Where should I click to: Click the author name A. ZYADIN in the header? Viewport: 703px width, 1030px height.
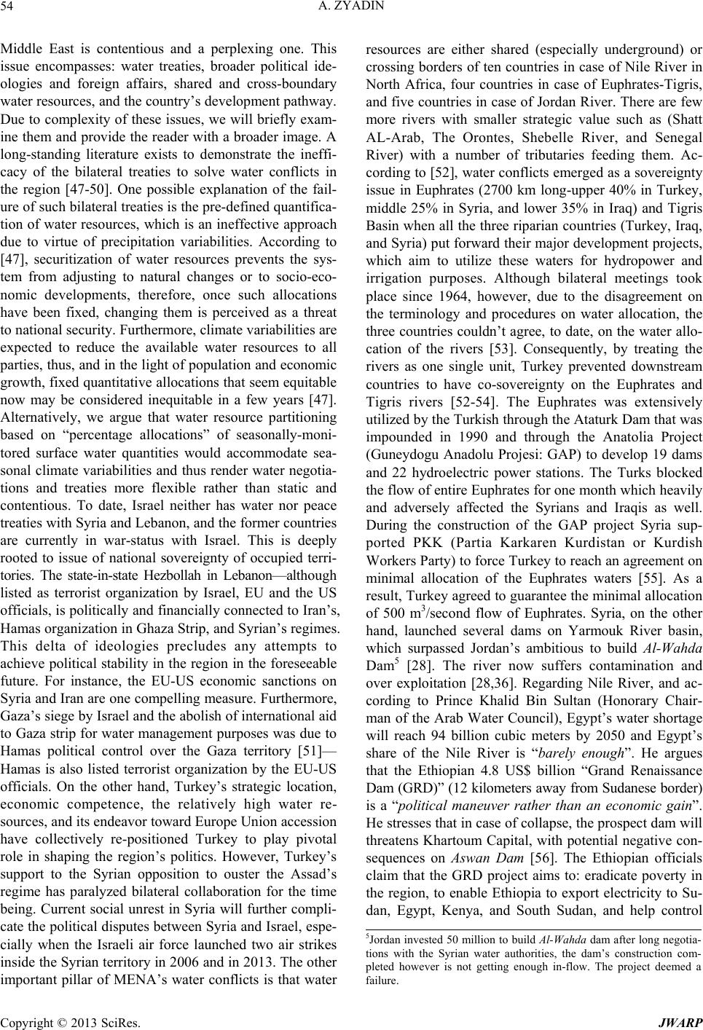click(x=351, y=8)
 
